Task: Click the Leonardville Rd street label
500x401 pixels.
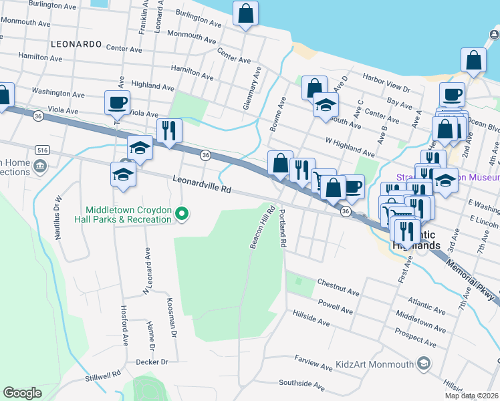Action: pyautogui.click(x=201, y=184)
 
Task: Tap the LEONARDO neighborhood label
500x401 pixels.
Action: pyautogui.click(x=76, y=44)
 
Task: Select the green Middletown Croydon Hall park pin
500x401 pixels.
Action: pyautogui.click(x=182, y=215)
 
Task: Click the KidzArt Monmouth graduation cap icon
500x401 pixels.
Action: pyautogui.click(x=422, y=364)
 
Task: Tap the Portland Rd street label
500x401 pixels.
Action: pyautogui.click(x=283, y=228)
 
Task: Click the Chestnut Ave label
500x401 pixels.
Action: pyautogui.click(x=338, y=288)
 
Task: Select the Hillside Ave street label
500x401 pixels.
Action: pyautogui.click(x=310, y=317)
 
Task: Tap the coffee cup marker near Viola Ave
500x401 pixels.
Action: pyautogui.click(x=118, y=103)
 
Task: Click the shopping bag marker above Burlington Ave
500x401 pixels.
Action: pyautogui.click(x=245, y=13)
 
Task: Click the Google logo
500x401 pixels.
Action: pyautogui.click(x=22, y=393)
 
